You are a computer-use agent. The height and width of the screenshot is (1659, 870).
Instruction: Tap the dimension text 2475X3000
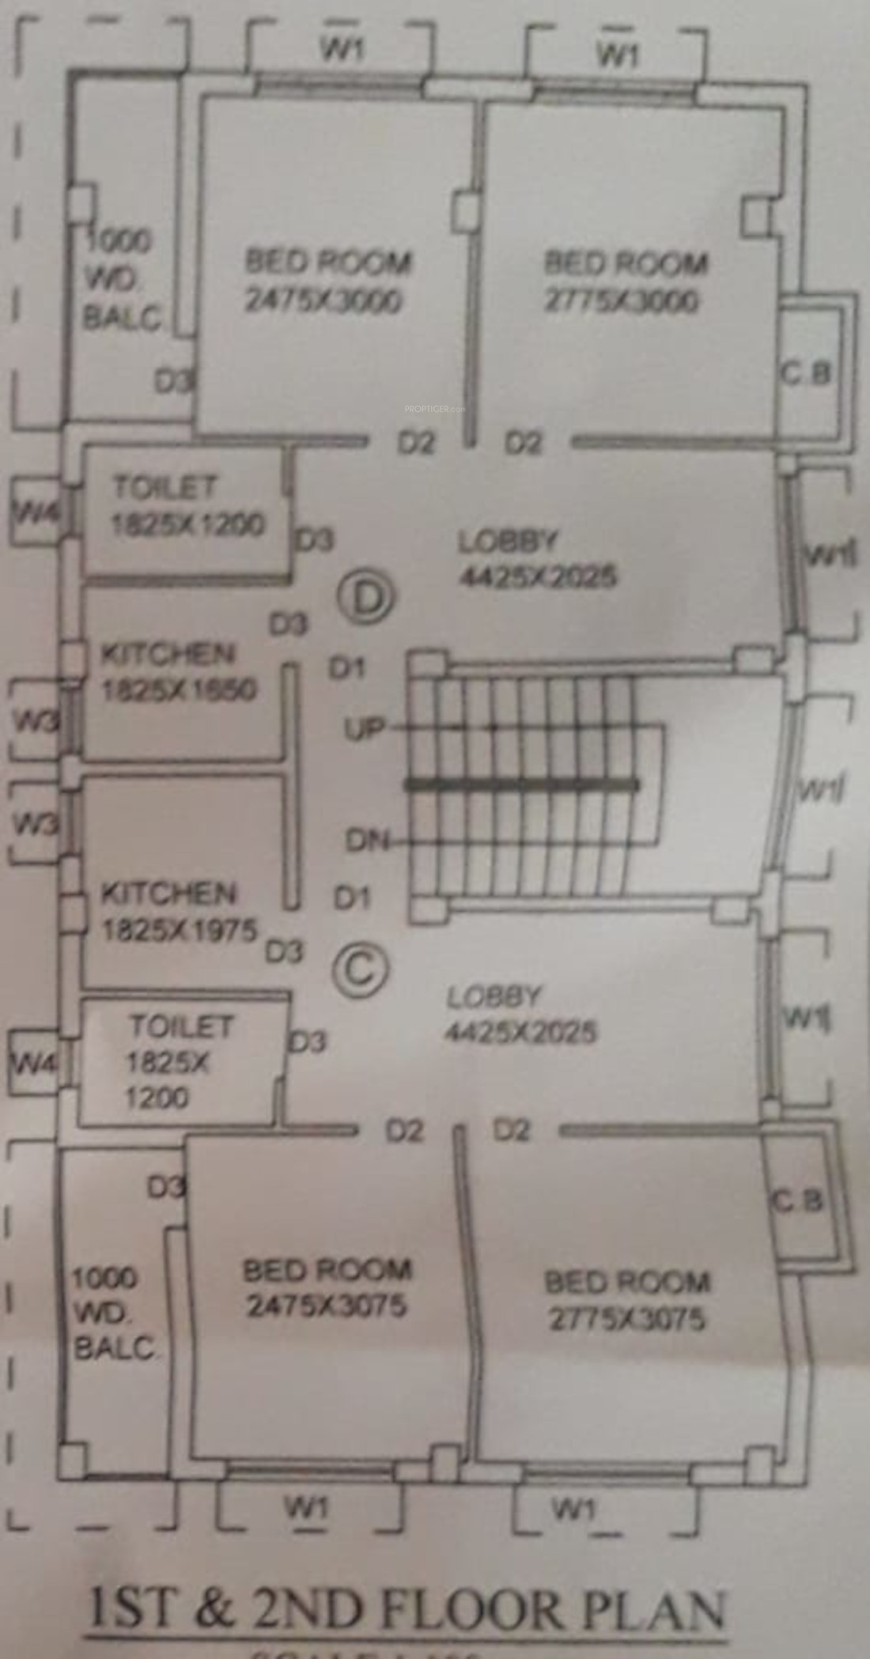[x=323, y=301]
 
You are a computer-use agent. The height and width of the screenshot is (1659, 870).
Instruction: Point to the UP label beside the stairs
[x=363, y=727]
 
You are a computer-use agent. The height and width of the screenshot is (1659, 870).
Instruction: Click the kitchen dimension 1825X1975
[x=180, y=930]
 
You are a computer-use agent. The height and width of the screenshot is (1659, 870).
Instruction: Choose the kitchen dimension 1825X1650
[x=180, y=690]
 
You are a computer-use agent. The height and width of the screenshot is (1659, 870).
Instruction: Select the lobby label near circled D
[x=508, y=542]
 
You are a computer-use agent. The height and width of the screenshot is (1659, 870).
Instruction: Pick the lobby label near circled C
[x=494, y=997]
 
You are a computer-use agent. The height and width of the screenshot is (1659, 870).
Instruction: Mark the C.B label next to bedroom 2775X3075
[x=798, y=1203]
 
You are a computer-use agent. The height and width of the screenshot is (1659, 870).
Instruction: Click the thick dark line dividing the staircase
[x=522, y=785]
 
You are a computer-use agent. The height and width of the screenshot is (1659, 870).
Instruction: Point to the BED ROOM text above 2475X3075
[x=327, y=1271]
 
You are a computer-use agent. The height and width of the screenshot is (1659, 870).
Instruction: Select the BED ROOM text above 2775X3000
[x=626, y=263]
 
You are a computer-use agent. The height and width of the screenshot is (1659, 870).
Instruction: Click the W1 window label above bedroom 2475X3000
[x=342, y=49]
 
